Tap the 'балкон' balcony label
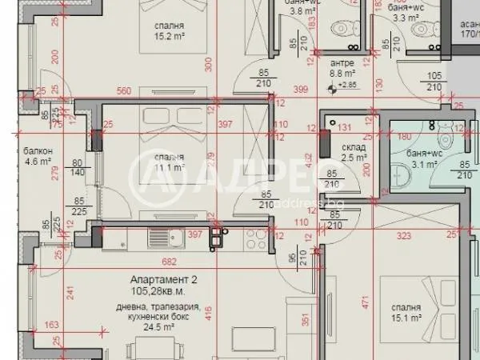click(x=37, y=151)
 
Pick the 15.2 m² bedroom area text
click(x=170, y=36)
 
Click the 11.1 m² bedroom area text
click(x=170, y=168)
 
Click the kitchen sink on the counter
click(x=216, y=237)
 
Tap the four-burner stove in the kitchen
click(x=257, y=236)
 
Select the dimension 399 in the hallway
click(x=300, y=89)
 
